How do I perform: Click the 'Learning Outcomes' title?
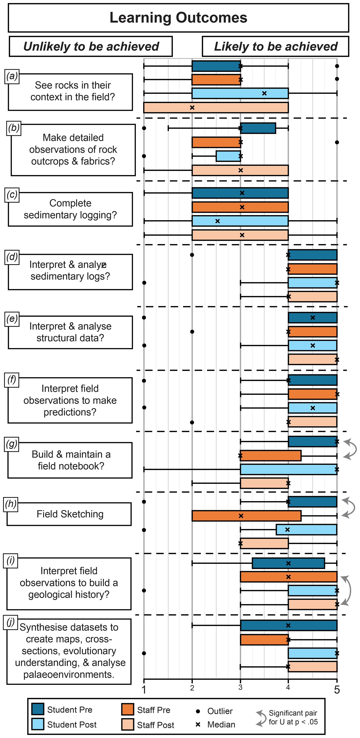pos(178,18)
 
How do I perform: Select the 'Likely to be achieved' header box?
pos(276,46)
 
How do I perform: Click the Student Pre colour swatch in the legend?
pos(38,709)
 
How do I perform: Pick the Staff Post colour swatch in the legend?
pos(127,724)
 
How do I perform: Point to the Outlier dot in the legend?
pos(198,711)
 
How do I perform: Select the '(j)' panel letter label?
pos(11,622)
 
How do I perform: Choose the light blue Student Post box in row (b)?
pos(228,156)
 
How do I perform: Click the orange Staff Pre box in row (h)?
pos(246,516)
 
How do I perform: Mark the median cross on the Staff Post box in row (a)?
pos(192,108)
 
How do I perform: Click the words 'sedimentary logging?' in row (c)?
pos(70,215)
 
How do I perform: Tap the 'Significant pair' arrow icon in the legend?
pos(261,718)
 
